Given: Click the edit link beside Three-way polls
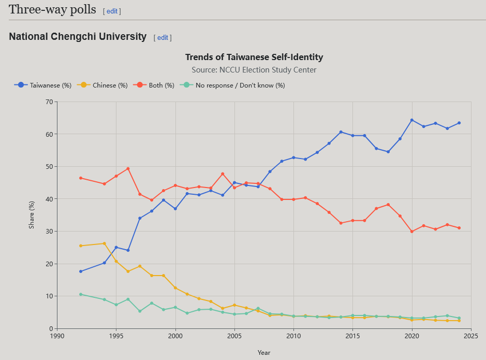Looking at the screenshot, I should point(112,11).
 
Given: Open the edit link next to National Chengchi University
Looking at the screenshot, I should point(163,37).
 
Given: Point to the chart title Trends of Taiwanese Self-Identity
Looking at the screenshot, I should point(254,57).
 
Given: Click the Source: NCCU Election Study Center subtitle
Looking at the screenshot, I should point(254,69).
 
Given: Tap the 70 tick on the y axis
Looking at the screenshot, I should point(49,102).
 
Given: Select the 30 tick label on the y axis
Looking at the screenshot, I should point(49,231).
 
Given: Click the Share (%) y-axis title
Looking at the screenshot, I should point(32,215).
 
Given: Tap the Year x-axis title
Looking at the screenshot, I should point(264,353).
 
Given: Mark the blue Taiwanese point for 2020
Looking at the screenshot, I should point(412,120).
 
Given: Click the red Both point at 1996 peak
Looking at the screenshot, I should point(128,168).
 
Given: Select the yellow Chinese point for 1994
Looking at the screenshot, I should point(105,243).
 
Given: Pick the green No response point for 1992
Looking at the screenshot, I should point(81,294).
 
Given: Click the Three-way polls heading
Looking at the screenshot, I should point(53,9).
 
